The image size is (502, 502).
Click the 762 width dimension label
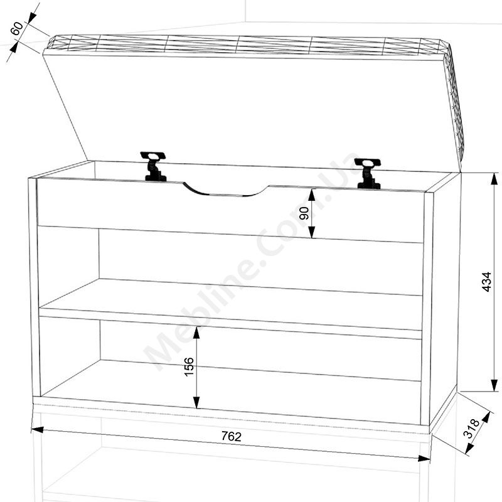click(x=231, y=436)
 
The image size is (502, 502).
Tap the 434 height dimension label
click(x=486, y=282)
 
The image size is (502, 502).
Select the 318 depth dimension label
click(x=472, y=429)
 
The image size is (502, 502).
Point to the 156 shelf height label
click(x=190, y=366)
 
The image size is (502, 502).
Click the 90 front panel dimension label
click(x=304, y=213)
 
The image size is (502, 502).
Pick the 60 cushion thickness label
click(x=17, y=28)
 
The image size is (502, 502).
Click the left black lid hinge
click(x=154, y=166)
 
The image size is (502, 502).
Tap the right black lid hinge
click(x=368, y=173)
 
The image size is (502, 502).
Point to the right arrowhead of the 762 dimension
click(x=424, y=459)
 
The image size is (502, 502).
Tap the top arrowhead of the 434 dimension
click(x=494, y=179)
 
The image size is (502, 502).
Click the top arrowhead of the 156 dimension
click(x=196, y=333)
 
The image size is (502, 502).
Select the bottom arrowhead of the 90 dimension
click(x=312, y=232)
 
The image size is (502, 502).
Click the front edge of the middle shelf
click(x=230, y=323)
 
